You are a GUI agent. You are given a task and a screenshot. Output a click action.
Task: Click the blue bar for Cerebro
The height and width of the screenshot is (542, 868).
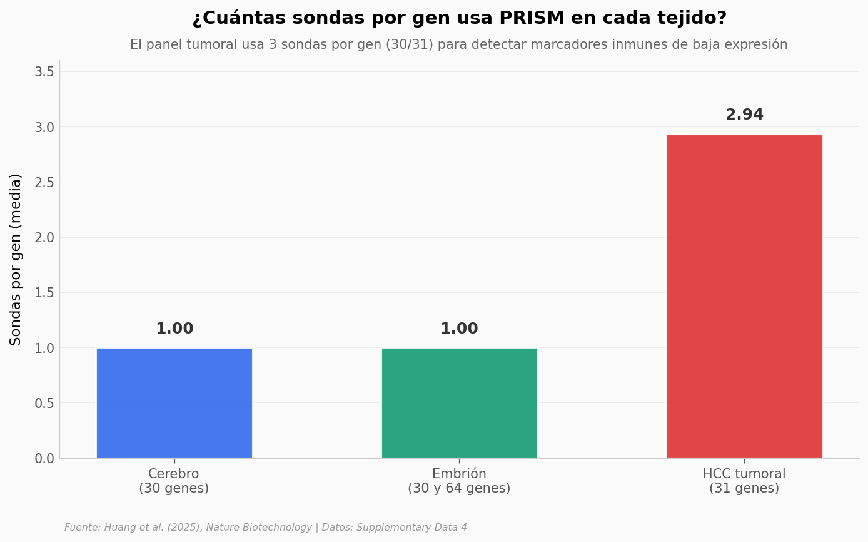pyautogui.click(x=174, y=403)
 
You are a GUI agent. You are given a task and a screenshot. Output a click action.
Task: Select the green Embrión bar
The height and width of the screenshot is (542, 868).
pyautogui.click(x=459, y=403)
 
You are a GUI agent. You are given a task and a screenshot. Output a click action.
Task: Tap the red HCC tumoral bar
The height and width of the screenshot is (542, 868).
pyautogui.click(x=744, y=296)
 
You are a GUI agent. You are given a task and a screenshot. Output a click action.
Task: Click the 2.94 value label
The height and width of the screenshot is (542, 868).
pyautogui.click(x=744, y=115)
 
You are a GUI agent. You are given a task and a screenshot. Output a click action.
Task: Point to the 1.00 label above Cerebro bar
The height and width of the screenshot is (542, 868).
pyautogui.click(x=174, y=329)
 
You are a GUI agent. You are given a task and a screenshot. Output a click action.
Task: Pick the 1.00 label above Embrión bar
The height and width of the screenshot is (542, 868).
pyautogui.click(x=459, y=329)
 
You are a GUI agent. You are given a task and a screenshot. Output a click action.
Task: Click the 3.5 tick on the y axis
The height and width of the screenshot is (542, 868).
pyautogui.click(x=44, y=72)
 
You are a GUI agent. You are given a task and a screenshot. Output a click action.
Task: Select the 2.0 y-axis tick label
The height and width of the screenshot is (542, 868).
pyautogui.click(x=44, y=238)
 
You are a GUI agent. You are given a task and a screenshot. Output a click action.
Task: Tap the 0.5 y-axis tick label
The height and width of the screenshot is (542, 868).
pyautogui.click(x=44, y=403)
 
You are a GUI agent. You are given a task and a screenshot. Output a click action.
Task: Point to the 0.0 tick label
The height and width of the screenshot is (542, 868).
pyautogui.click(x=44, y=459)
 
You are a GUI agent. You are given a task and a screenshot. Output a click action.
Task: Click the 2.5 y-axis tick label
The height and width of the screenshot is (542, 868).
pyautogui.click(x=44, y=183)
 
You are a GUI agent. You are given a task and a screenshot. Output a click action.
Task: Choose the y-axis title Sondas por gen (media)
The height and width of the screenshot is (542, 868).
pyautogui.click(x=16, y=259)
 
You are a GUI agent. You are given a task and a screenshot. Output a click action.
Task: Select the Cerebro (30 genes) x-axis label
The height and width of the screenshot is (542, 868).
pyautogui.click(x=174, y=481)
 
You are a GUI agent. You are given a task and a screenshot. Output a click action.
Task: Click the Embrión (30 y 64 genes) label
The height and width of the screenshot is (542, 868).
pyautogui.click(x=459, y=481)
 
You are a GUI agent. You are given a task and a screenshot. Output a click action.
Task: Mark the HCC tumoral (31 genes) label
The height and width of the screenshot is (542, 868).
pyautogui.click(x=744, y=481)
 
